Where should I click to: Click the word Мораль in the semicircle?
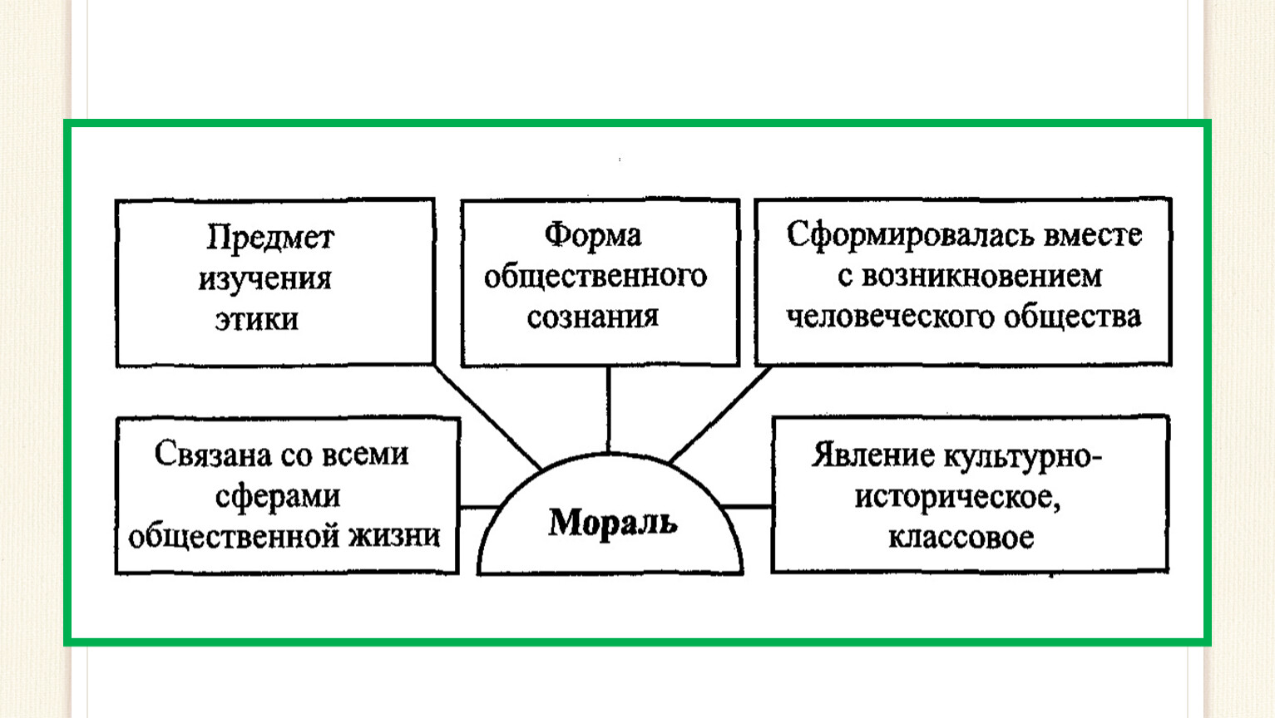(x=612, y=522)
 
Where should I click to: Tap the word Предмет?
(x=270, y=237)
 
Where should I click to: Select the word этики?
(x=257, y=319)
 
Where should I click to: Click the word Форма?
(x=592, y=235)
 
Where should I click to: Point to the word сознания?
(x=592, y=317)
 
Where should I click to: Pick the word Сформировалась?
(x=910, y=235)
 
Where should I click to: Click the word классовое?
(x=961, y=538)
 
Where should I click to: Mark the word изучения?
(x=264, y=278)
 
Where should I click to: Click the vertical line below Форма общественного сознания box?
(x=609, y=410)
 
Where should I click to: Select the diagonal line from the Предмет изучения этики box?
(x=488, y=417)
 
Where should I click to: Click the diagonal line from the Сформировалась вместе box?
(x=720, y=414)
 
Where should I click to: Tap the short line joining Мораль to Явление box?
(x=746, y=506)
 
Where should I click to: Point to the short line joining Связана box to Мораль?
(x=479, y=506)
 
